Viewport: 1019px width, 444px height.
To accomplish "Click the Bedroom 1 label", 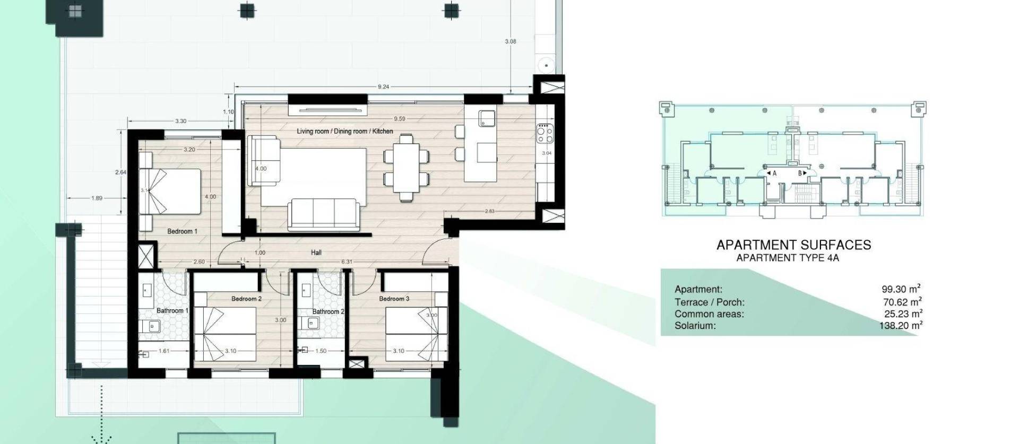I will click(182, 231).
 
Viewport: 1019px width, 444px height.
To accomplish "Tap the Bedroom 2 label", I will click(246, 299).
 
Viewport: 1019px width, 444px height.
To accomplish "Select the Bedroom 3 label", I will click(394, 299).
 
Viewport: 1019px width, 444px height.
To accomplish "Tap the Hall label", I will click(316, 253).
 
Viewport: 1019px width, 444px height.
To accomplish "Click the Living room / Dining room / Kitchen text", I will click(345, 131).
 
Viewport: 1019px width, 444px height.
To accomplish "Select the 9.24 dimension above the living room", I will click(383, 86).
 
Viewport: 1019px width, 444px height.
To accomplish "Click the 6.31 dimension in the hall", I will click(347, 262).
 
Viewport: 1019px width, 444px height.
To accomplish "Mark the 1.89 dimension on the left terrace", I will click(97, 198).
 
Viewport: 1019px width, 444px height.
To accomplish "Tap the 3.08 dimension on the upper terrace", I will click(510, 41).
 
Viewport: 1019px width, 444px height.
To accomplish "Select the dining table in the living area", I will click(406, 168).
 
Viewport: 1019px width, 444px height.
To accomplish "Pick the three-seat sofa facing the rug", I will click(322, 214).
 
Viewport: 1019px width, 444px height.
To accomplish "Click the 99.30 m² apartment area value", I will click(901, 289).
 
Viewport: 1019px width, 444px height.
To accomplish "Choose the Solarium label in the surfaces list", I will click(695, 326).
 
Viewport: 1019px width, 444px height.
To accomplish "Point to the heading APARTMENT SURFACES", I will click(793, 245).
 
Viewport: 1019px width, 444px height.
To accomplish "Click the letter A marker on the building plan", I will click(774, 173).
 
